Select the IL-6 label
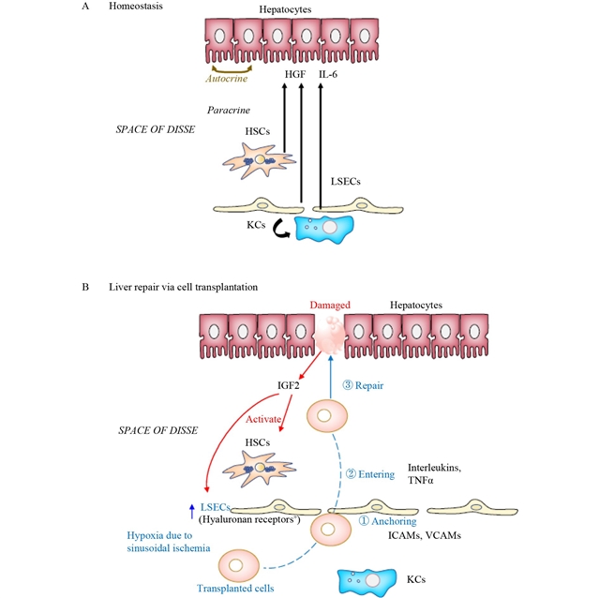pyautogui.click(x=329, y=72)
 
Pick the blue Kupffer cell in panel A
pyautogui.click(x=326, y=229)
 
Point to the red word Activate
pyautogui.click(x=244, y=421)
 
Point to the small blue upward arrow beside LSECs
pyautogui.click(x=192, y=511)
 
